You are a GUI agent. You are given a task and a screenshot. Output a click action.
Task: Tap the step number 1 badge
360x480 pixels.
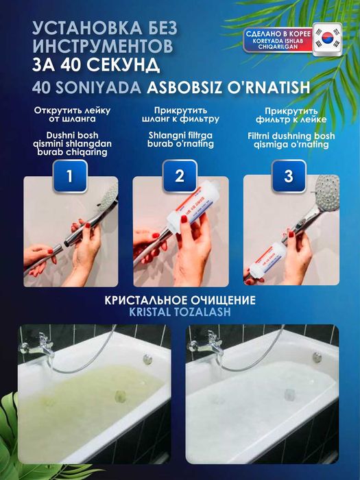(70, 176)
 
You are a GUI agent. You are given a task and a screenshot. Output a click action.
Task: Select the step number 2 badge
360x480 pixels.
(180, 176)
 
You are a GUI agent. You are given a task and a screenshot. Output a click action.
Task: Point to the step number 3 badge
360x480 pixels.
(289, 176)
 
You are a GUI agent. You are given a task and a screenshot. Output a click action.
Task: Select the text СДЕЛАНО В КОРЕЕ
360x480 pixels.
(277, 34)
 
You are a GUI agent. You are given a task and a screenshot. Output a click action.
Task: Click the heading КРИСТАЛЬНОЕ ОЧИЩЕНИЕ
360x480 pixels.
(180, 301)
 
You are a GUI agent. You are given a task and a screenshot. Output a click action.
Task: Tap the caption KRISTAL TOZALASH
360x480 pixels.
(180, 313)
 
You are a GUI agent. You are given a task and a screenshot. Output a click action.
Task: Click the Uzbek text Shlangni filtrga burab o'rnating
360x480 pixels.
(180, 140)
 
